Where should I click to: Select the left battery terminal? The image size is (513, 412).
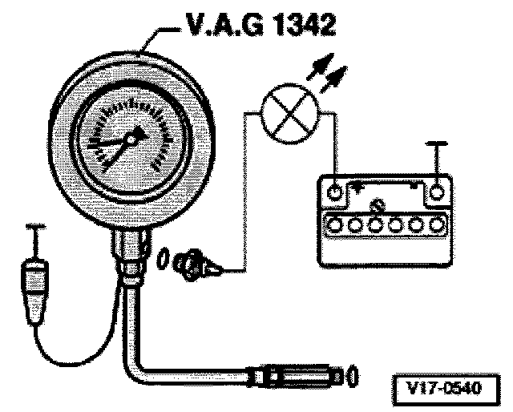click(334, 192)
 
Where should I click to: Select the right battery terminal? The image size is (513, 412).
click(436, 192)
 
